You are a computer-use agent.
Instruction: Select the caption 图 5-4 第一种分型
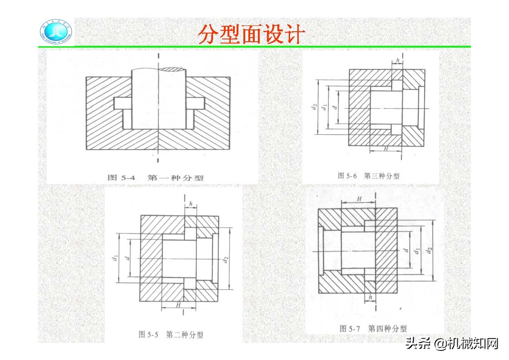click(x=155, y=177)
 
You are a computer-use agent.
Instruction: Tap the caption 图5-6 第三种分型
click(x=368, y=175)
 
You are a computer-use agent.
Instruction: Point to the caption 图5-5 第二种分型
click(x=170, y=335)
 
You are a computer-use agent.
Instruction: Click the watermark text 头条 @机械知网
click(x=452, y=343)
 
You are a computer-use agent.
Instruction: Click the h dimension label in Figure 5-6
click(x=398, y=60)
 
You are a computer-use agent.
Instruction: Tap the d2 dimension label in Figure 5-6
click(x=314, y=107)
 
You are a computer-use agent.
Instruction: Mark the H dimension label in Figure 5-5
click(x=178, y=305)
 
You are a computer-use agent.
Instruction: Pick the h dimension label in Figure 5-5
click(x=191, y=204)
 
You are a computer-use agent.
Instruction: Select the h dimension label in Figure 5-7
click(x=371, y=297)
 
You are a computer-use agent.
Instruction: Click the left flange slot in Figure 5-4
click(x=122, y=103)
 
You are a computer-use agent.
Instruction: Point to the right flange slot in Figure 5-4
click(x=195, y=103)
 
